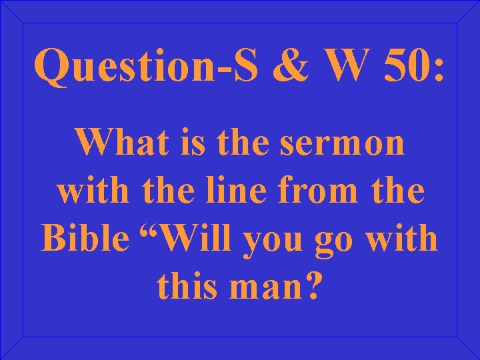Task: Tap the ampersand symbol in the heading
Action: [x=287, y=67]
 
